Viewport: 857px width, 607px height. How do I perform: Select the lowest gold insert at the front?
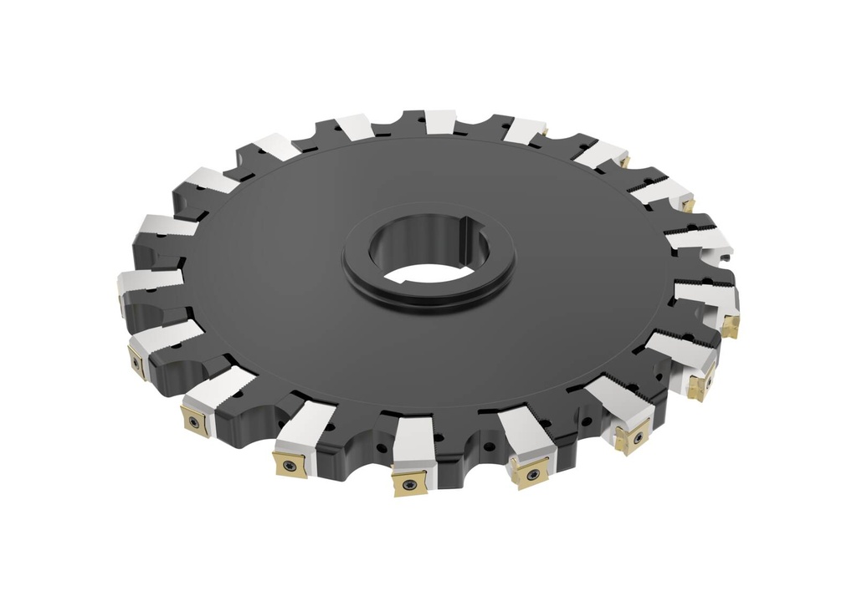[x=409, y=482]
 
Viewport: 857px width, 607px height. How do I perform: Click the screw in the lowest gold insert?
[x=409, y=483]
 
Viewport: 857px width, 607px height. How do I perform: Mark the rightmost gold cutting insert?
[x=730, y=323]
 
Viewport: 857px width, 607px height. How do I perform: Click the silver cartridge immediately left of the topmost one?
[x=356, y=126]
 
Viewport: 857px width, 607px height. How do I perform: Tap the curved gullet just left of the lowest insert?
[x=352, y=435]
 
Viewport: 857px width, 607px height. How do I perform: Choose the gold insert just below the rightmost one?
[x=700, y=385]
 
